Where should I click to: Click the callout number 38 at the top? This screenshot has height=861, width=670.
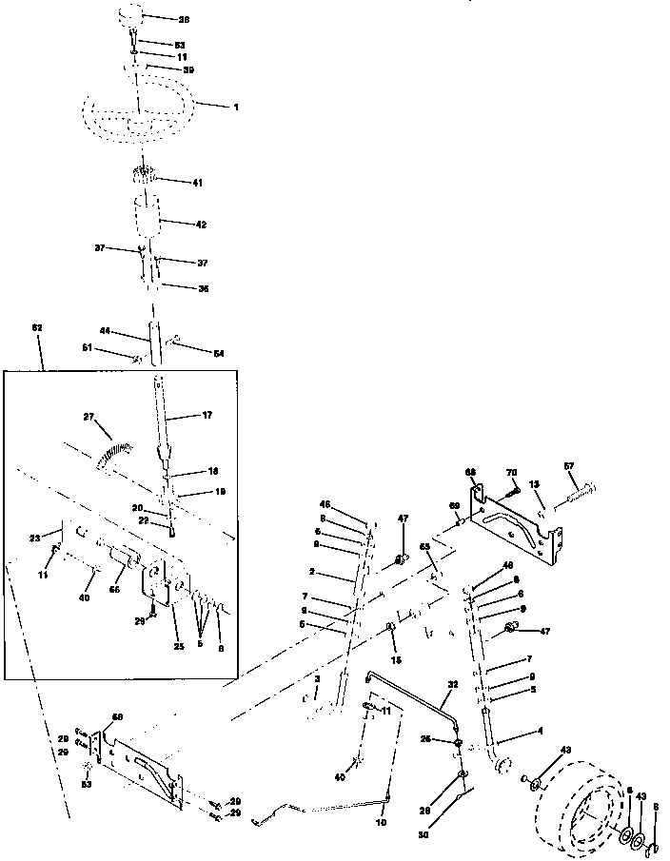pyautogui.click(x=184, y=18)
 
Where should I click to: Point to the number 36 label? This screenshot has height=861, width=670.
pyautogui.click(x=203, y=288)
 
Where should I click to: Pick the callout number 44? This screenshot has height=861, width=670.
pyautogui.click(x=107, y=332)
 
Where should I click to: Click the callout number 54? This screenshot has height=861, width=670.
pyautogui.click(x=219, y=353)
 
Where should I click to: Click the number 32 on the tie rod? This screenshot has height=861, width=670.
pyautogui.click(x=453, y=684)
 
